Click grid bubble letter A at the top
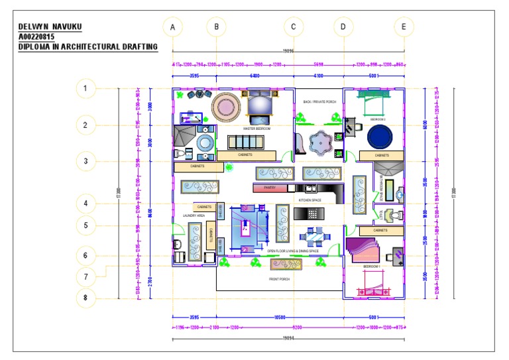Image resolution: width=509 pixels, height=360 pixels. tap(172, 27)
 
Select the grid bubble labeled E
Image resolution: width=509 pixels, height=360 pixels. tap(404, 27)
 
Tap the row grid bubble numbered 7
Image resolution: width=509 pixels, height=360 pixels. tap(85, 276)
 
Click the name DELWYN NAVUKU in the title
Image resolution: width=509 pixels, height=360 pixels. tap(50, 27)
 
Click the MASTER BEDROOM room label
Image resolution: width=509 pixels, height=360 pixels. tap(256, 129)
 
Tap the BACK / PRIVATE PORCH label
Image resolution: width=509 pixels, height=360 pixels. tap(319, 102)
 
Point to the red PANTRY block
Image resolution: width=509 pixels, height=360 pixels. tap(270, 188)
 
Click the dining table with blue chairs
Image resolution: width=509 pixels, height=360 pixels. tap(311, 237)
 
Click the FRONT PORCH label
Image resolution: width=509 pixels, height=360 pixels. tap(279, 279)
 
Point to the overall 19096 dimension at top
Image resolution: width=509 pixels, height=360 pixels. tap(288, 50)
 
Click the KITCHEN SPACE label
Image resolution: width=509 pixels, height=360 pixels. tap(310, 199)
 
